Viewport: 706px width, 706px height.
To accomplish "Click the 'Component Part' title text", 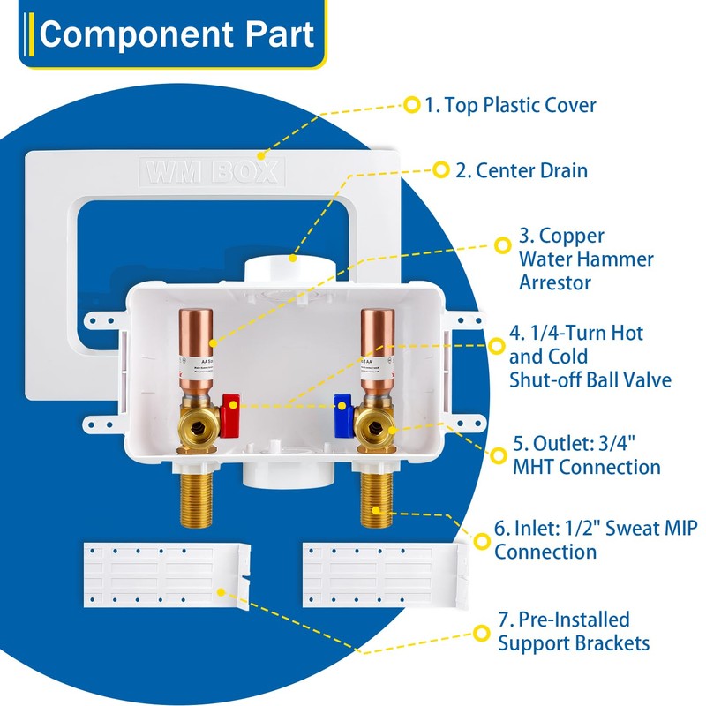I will point(176,35).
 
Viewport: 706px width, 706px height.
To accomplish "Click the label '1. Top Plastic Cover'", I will point(510,106).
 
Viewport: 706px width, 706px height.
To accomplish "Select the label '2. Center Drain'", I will point(522,169).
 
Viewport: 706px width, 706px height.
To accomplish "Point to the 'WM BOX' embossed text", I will point(212,170).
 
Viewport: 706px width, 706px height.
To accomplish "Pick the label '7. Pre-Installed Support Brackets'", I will point(574,630).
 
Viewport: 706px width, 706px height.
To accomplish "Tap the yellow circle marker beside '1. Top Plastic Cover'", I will point(411,105).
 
